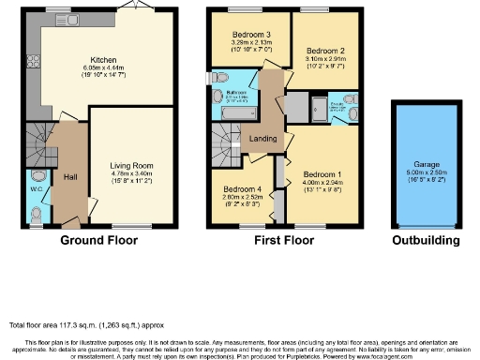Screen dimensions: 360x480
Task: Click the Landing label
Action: coord(262,141)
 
